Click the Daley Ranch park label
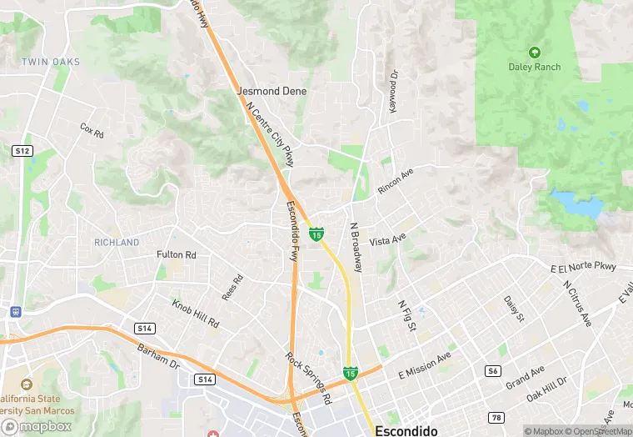tap(534, 67)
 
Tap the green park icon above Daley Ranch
tap(534, 52)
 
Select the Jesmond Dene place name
tap(272, 91)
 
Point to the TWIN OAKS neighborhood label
tap(51, 63)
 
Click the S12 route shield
tap(22, 151)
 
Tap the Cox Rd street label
tap(92, 130)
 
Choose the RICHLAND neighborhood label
tap(117, 243)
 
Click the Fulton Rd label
tap(176, 254)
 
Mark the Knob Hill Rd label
tap(196, 311)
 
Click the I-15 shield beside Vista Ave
tap(316, 234)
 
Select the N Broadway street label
tap(356, 248)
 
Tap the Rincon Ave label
tap(396, 183)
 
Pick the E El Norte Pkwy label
tap(582, 268)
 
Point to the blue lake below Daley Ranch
tap(574, 203)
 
